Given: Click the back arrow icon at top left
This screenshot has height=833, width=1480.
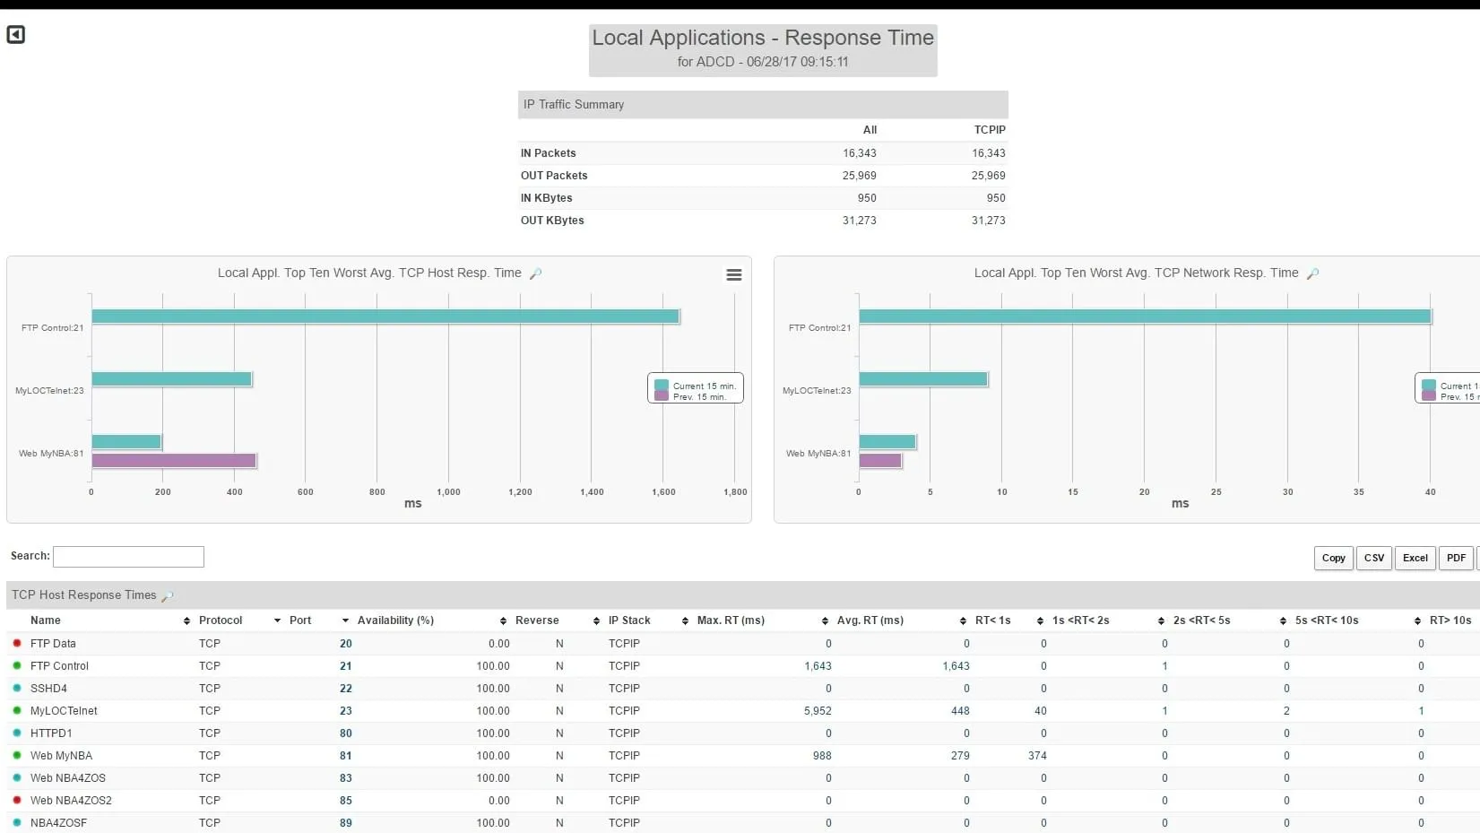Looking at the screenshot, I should click(16, 35).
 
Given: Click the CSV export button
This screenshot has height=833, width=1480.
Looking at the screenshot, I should click(1373, 558).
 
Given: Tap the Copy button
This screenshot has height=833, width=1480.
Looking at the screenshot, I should click(1333, 558).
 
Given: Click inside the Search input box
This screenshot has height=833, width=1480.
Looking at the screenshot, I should click(128, 557).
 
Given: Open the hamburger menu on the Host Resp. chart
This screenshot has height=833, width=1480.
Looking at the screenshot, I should click(733, 275).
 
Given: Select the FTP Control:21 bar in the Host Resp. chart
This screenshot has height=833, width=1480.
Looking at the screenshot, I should click(385, 317).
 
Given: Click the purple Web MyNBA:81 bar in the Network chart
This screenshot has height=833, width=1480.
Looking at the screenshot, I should click(879, 461).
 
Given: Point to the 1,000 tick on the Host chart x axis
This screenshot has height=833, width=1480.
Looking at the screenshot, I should click(448, 492).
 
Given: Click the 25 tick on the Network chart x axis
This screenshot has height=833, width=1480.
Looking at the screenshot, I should click(1216, 492).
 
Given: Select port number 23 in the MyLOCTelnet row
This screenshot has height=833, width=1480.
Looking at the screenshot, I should click(346, 711).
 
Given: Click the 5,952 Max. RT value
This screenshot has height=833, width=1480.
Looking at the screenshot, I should click(818, 711).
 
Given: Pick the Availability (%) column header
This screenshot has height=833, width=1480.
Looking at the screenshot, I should click(395, 620).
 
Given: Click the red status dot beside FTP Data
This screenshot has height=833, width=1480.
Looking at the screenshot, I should click(17, 644).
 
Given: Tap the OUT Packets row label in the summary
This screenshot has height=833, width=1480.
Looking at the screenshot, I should click(554, 176).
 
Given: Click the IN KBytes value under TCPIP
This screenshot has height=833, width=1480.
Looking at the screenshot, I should click(995, 198).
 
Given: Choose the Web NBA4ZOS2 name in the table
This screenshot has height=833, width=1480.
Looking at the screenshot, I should click(71, 801).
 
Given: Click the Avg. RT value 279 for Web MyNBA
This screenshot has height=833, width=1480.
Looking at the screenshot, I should click(960, 756).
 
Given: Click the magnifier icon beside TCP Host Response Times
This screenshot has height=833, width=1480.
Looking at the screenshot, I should click(168, 596).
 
